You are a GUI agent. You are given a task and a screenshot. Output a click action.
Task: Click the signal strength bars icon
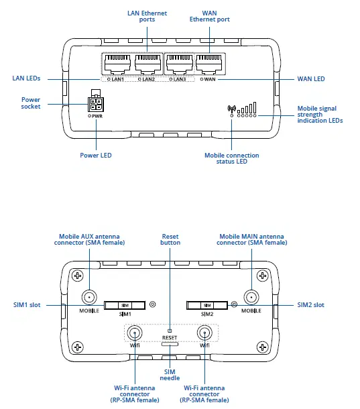250,108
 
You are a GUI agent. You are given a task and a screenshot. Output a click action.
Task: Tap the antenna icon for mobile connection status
232,109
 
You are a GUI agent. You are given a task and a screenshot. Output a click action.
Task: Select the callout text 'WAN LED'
310,79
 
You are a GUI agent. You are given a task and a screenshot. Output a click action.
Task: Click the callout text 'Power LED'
96,155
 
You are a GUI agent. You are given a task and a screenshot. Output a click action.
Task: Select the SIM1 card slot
125,305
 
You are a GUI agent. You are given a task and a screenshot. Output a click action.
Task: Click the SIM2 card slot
206,305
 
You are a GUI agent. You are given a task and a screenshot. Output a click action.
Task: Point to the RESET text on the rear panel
170,338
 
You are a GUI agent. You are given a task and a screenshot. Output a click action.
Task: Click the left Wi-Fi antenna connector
135,333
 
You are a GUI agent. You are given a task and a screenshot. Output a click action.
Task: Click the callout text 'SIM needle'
170,374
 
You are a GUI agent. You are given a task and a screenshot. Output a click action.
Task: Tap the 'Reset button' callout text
170,239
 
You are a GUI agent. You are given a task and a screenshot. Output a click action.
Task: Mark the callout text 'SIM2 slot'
310,305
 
